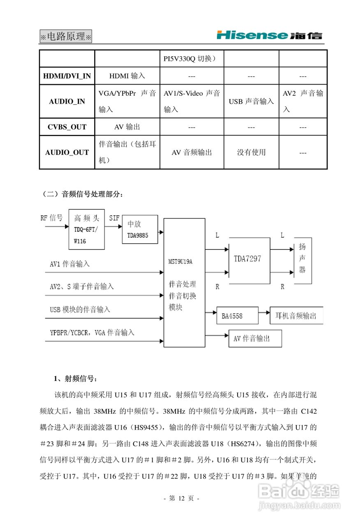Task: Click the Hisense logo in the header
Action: [269, 35]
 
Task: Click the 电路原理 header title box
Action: [66, 36]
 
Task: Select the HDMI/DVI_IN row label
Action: [67, 76]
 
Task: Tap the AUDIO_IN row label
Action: [67, 102]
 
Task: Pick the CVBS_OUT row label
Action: [67, 127]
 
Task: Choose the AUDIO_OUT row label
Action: [67, 152]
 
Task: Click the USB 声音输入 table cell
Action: [251, 102]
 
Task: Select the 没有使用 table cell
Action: [251, 152]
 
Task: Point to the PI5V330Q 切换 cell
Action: [192, 58]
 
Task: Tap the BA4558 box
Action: [237, 316]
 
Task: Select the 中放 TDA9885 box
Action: [140, 229]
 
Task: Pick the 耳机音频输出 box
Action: [296, 316]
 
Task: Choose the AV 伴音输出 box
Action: [255, 339]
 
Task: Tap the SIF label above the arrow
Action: [114, 218]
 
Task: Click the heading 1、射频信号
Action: [74, 378]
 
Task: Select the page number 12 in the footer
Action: [181, 498]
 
